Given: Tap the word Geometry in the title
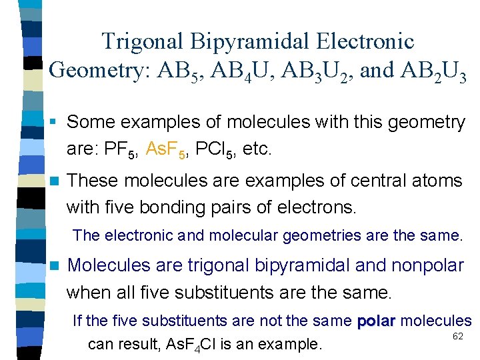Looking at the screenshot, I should (102, 70).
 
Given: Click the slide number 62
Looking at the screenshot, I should (457, 336).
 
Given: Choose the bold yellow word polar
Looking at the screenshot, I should (377, 321).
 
